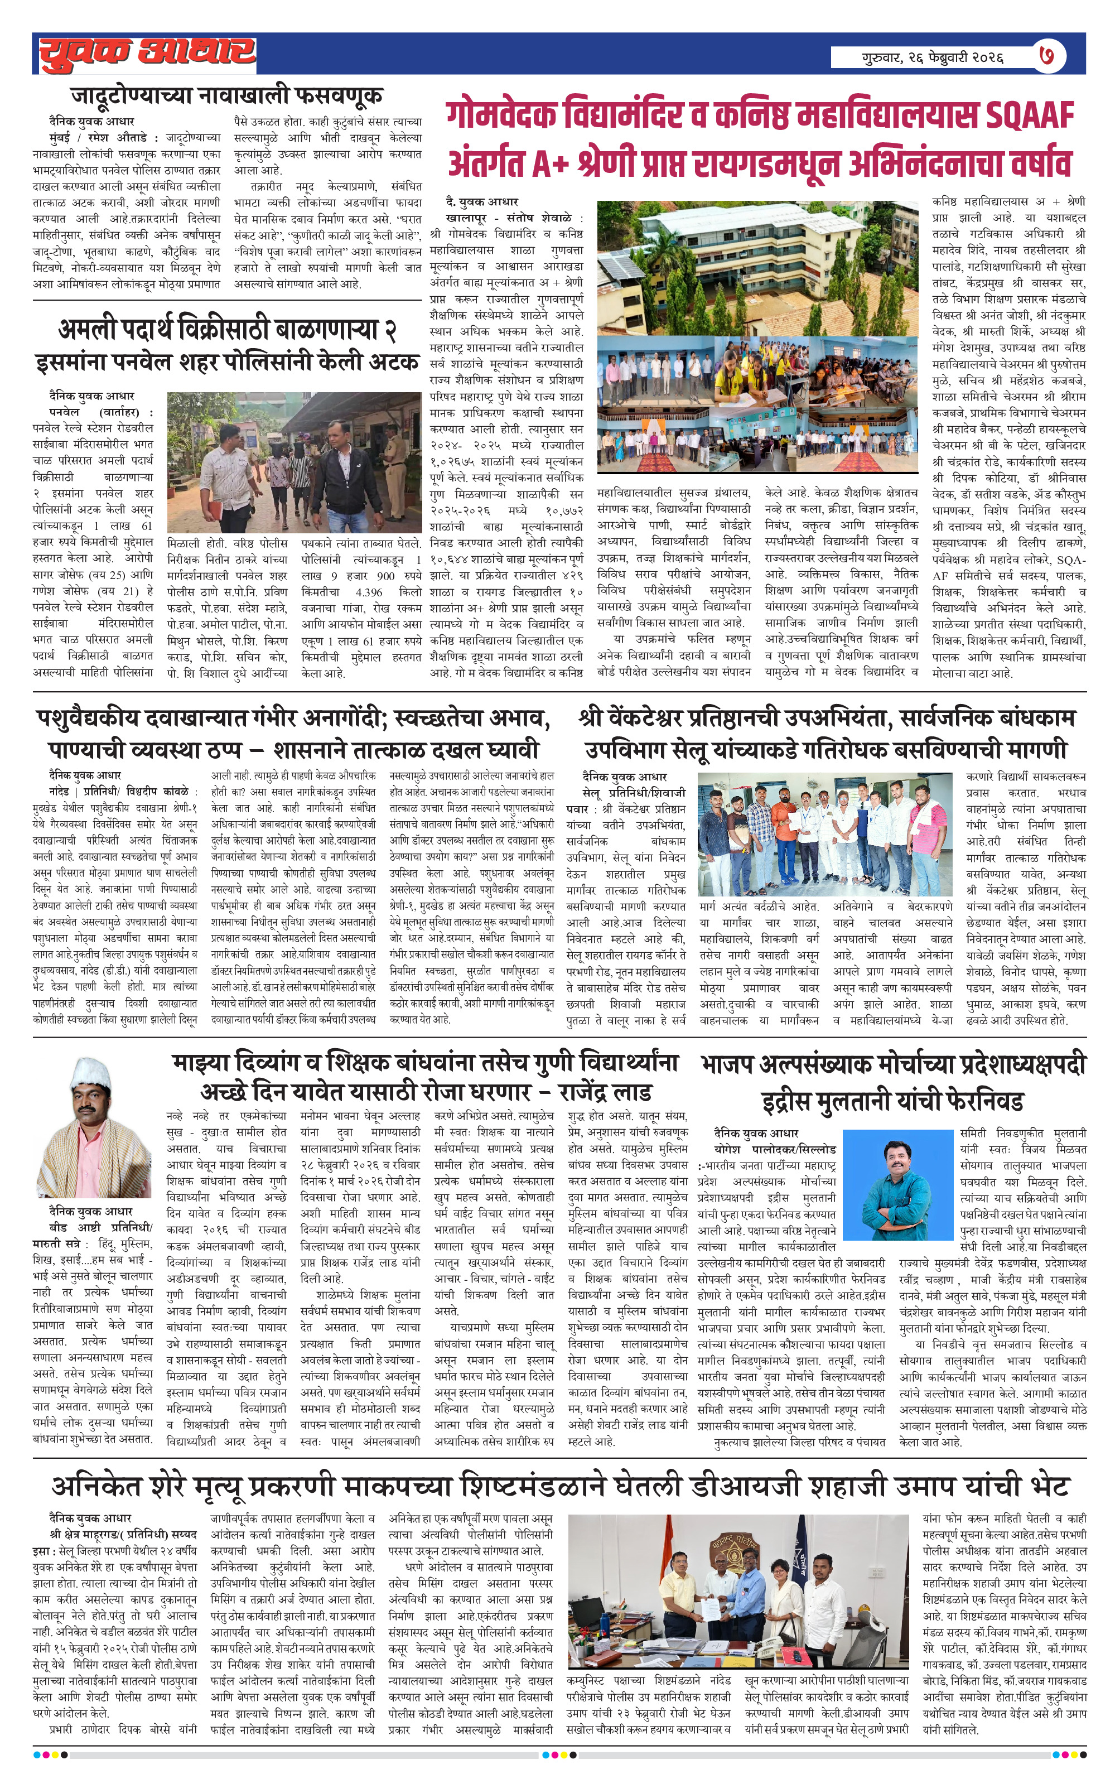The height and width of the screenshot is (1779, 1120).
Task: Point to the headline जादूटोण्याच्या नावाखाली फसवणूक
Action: coord(227,95)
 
